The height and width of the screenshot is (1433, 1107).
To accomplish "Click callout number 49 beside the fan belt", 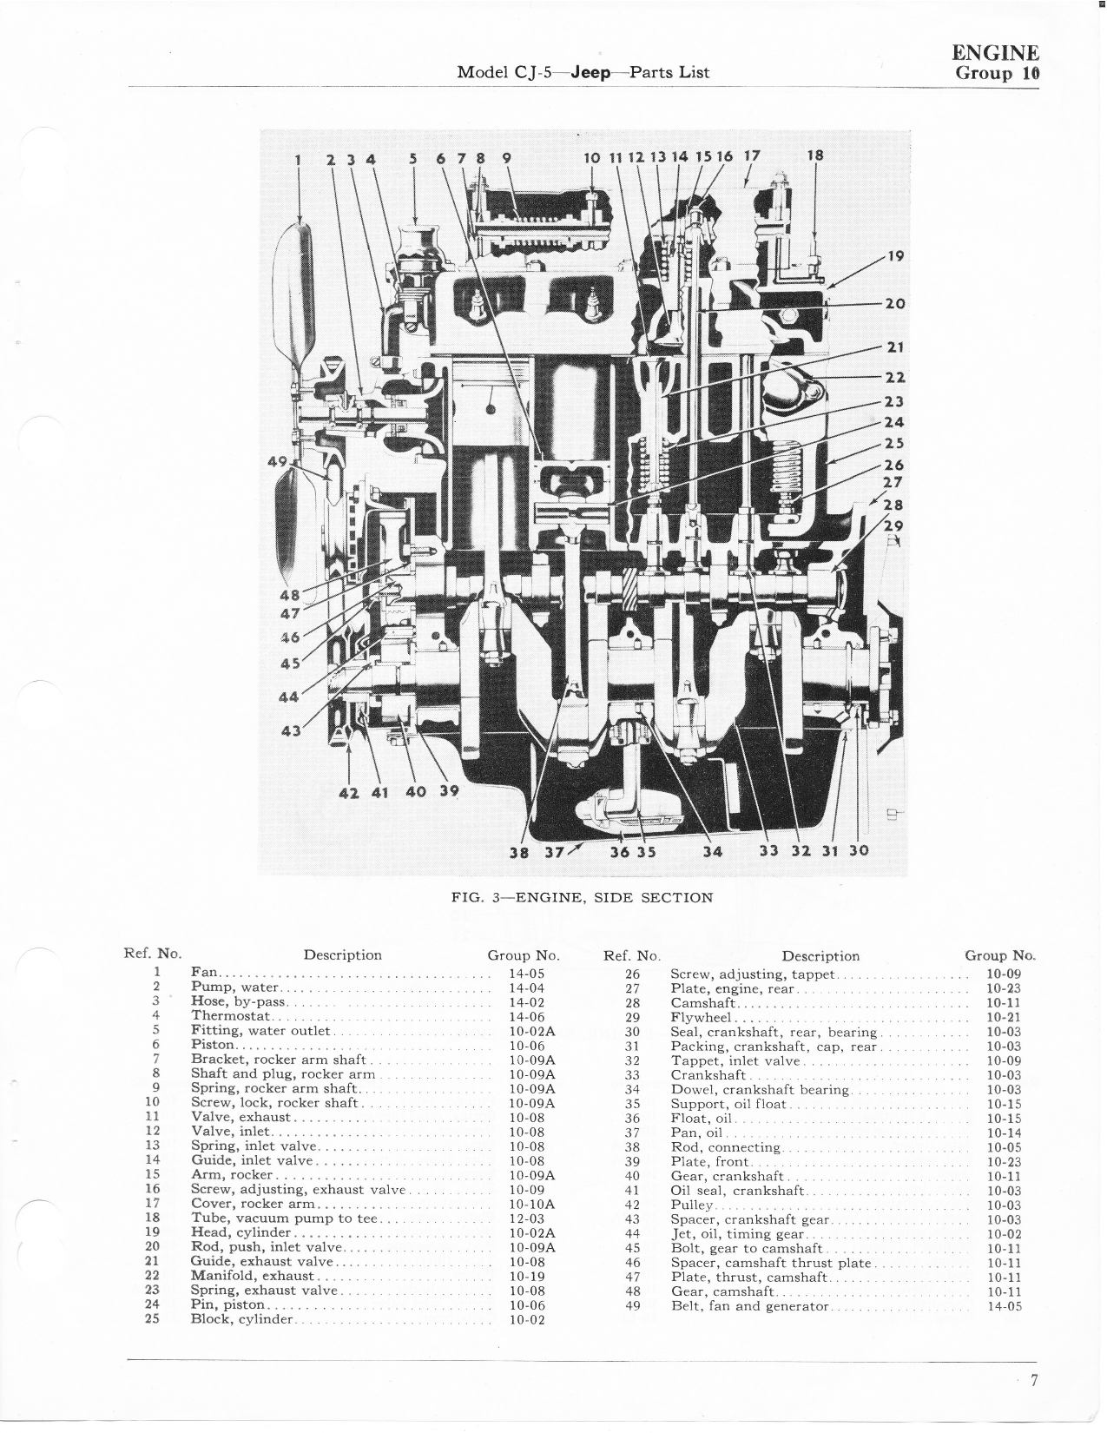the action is pyautogui.click(x=277, y=461).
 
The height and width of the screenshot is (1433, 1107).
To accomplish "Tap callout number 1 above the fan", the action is pyautogui.click(x=298, y=159).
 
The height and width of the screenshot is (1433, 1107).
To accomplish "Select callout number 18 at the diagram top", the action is pyautogui.click(x=815, y=155).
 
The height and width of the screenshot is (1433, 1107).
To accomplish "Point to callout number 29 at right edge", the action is pyautogui.click(x=893, y=525).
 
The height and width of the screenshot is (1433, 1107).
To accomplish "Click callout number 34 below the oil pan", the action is pyautogui.click(x=713, y=851).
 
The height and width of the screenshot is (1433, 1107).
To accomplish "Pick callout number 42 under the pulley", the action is pyautogui.click(x=348, y=793).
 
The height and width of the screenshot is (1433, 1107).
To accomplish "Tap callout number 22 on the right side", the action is pyautogui.click(x=894, y=377).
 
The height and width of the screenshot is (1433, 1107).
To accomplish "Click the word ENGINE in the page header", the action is pyautogui.click(x=995, y=53).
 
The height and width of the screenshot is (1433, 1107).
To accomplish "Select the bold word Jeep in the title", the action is pyautogui.click(x=590, y=73).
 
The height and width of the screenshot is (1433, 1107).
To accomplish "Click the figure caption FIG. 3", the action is pyautogui.click(x=476, y=897).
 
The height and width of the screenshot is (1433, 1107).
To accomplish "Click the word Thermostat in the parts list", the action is pyautogui.click(x=230, y=1016).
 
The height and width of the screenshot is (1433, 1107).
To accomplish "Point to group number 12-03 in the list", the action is pyautogui.click(x=527, y=1218).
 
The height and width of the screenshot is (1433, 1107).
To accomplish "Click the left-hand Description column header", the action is pyautogui.click(x=342, y=955).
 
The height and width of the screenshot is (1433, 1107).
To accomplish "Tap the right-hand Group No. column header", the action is pyautogui.click(x=999, y=955).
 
